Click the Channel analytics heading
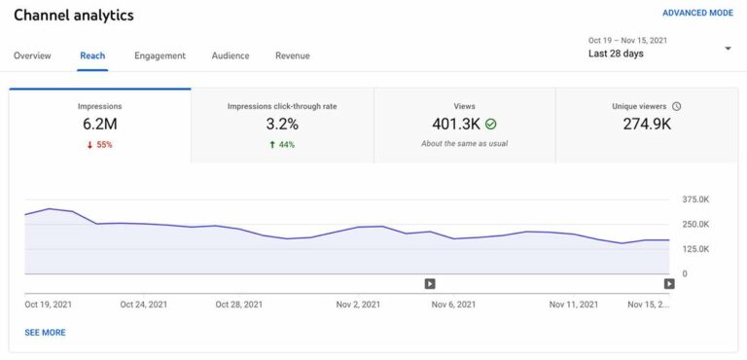74,16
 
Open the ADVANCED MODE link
697,14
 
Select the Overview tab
32,55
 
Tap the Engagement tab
160,55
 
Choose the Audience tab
231,55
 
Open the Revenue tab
292,55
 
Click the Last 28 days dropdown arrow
728,49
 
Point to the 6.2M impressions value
100,124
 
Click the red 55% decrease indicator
100,144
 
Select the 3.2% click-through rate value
282,124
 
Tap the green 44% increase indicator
282,144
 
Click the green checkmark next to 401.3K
490,125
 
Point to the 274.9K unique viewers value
647,124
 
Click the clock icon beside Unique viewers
676,106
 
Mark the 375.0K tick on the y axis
696,199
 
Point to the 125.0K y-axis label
696,249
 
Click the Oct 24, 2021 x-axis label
144,305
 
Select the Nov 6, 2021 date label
453,305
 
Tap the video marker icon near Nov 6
430,284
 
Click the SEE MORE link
45,333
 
